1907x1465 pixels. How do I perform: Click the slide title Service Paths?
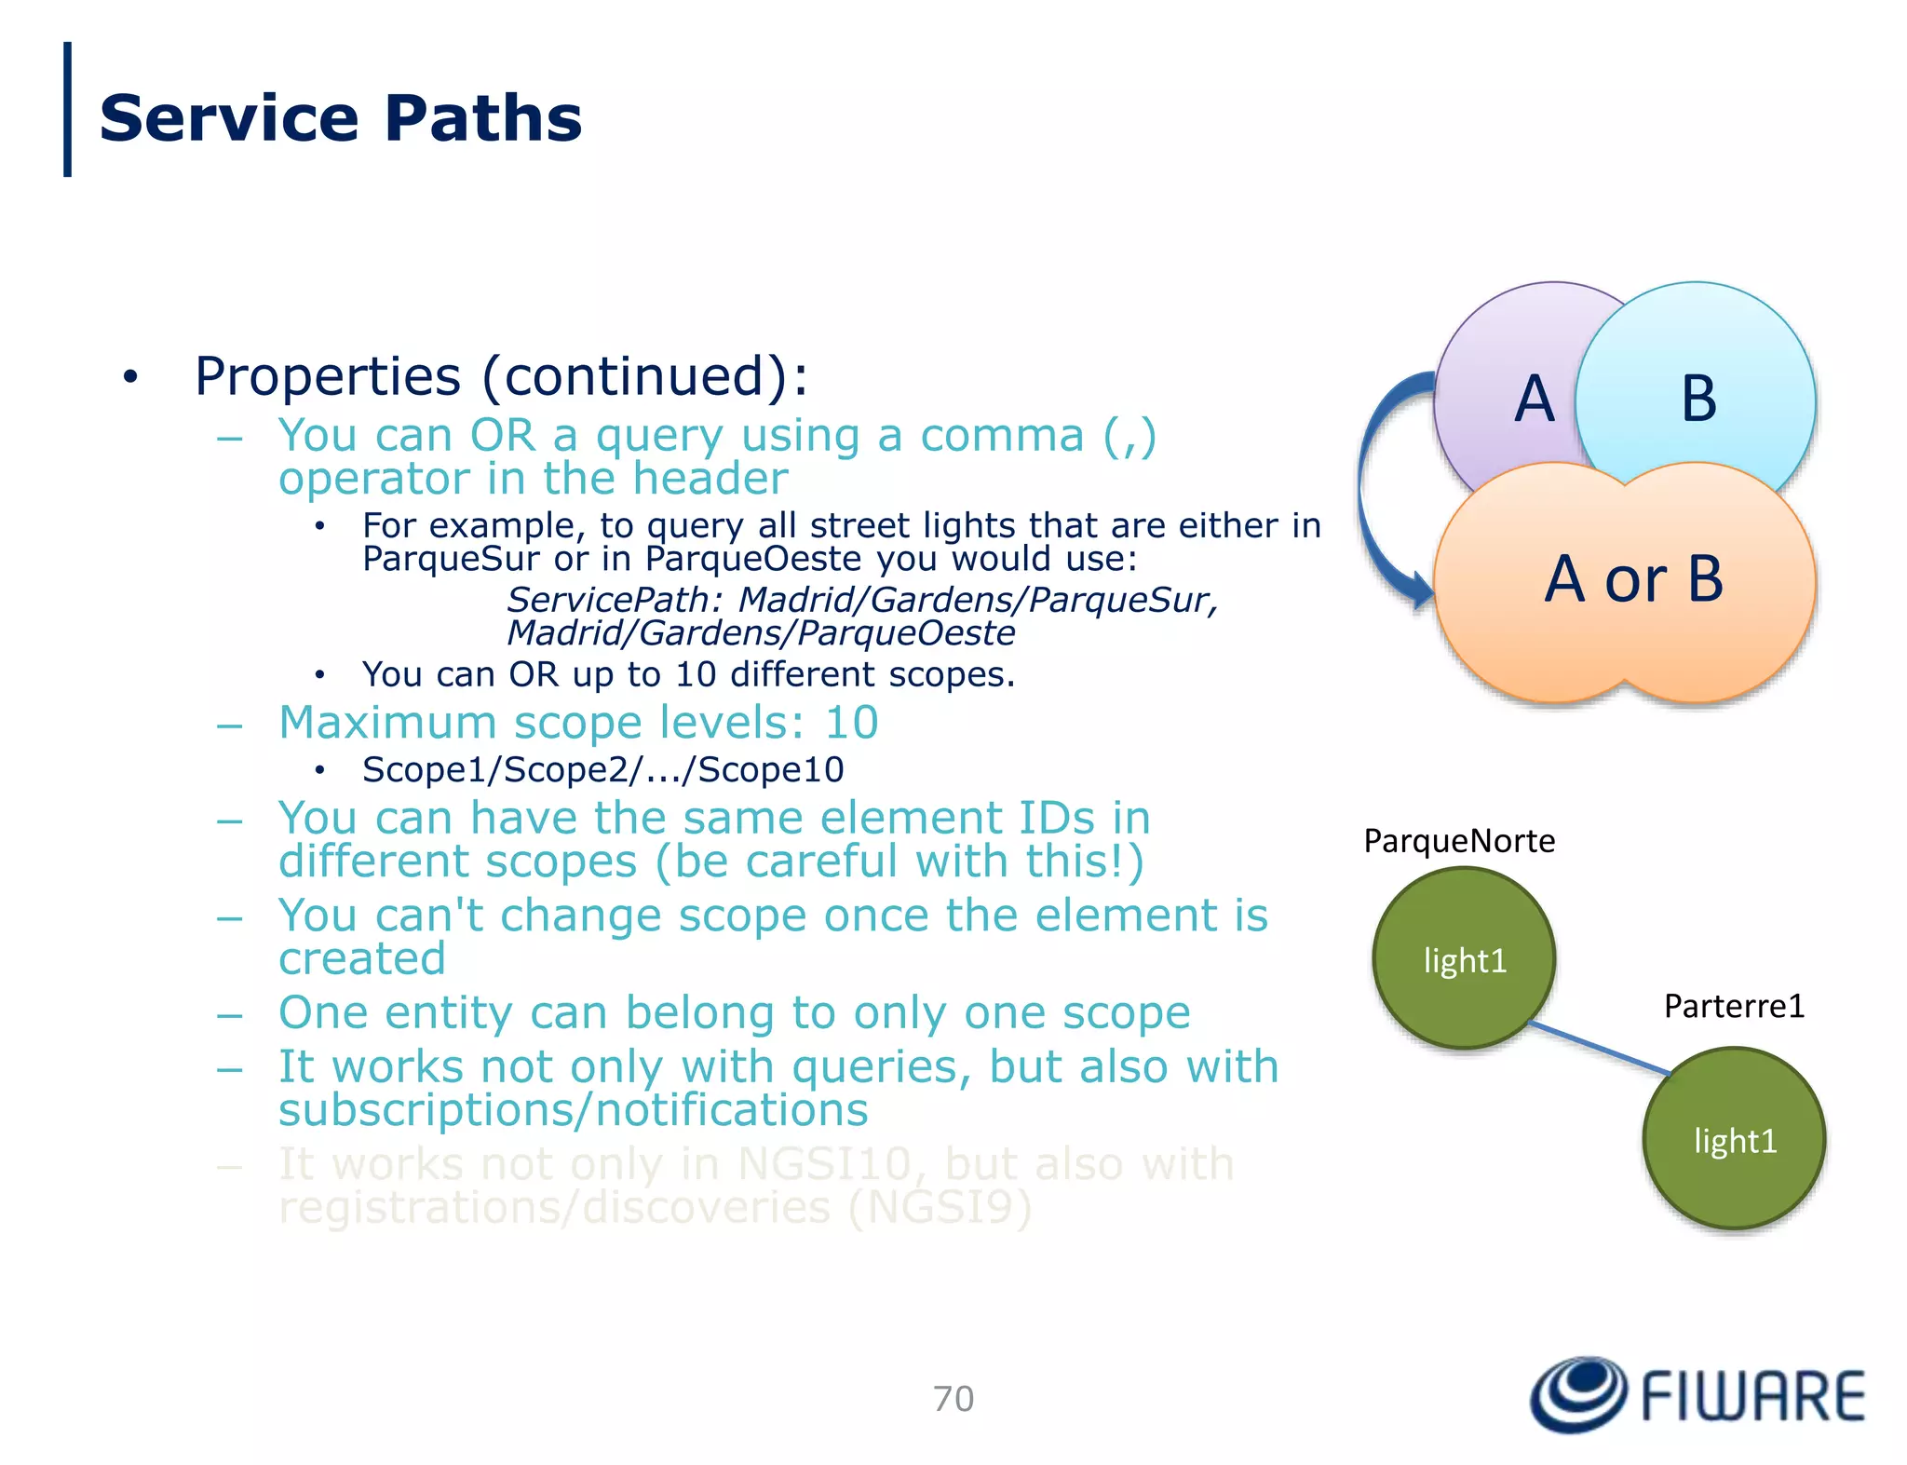(x=340, y=119)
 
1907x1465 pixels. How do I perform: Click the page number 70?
(x=953, y=1399)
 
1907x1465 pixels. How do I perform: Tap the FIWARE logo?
(x=1697, y=1395)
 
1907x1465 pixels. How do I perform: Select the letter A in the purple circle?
(x=1534, y=399)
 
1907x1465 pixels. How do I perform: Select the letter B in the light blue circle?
(x=1698, y=399)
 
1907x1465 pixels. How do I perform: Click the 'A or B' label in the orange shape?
(x=1634, y=579)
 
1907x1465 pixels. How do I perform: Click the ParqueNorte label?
(x=1458, y=841)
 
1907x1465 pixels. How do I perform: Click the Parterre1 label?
(x=1734, y=1006)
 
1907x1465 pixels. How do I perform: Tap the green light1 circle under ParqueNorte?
(x=1464, y=959)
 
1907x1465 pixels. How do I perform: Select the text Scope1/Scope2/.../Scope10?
(x=602, y=770)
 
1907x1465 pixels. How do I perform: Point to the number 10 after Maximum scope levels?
(x=851, y=723)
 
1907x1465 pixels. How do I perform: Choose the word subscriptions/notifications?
(x=573, y=1110)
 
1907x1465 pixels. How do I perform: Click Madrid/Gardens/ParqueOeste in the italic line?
(x=761, y=633)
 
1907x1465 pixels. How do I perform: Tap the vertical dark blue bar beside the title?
(x=67, y=109)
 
